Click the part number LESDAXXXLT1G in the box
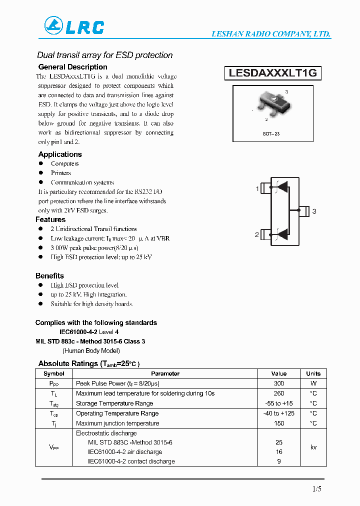coord(273,73)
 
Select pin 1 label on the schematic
coord(257,188)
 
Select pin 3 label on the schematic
coord(314,211)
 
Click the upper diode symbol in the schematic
coord(282,187)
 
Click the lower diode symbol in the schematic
coord(282,233)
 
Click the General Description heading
coord(72,67)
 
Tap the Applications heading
coord(60,154)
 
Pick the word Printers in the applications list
coord(60,173)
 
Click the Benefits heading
coord(49,276)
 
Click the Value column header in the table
coord(279,373)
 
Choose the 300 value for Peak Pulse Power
coord(279,383)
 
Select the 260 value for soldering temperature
coord(279,393)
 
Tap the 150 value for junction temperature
coord(279,423)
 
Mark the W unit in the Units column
coord(313,383)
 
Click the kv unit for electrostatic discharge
coord(313,447)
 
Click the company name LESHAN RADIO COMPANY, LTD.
coord(271,34)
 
